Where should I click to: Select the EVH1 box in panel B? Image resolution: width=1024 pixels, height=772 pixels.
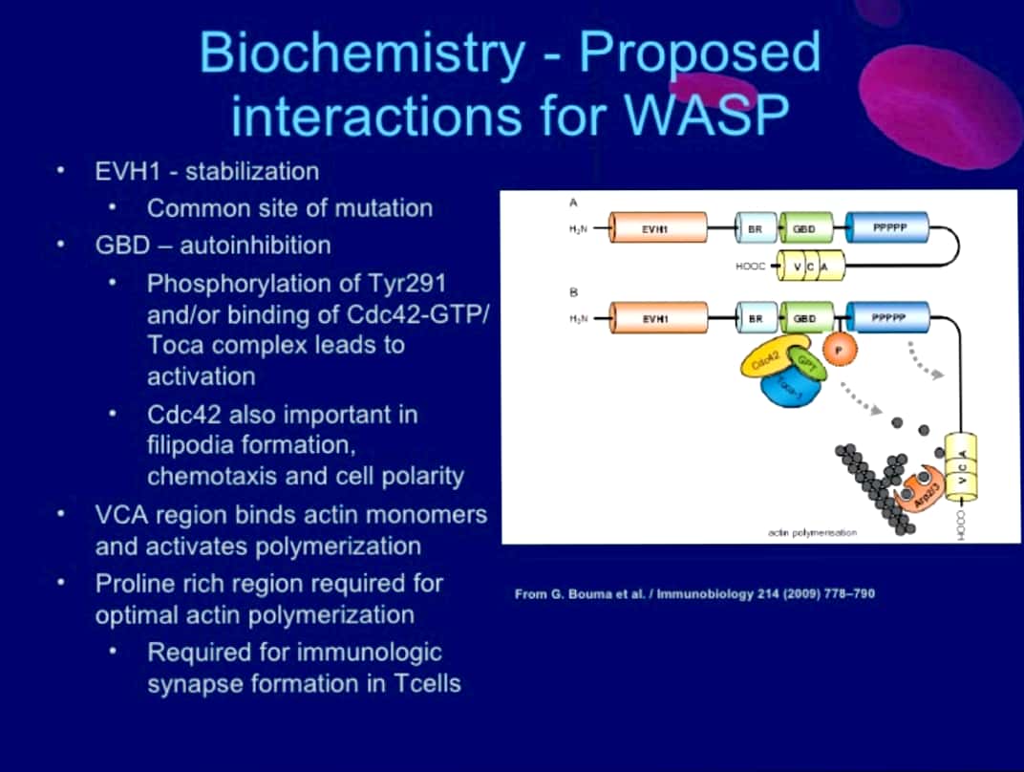659,317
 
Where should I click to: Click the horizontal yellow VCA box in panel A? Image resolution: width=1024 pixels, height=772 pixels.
810,267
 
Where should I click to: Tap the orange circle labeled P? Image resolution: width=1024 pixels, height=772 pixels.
838,352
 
